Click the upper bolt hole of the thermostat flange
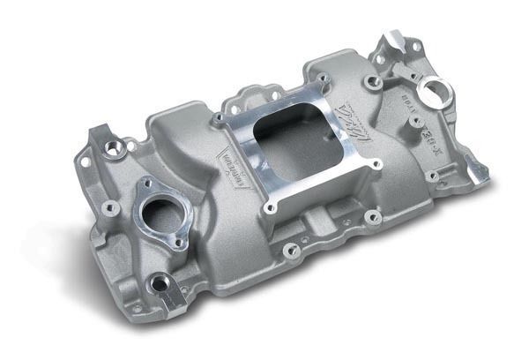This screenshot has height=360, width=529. tap(143, 183)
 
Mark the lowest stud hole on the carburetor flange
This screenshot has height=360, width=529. tap(270, 209)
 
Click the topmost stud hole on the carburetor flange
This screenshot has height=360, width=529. tap(320, 78)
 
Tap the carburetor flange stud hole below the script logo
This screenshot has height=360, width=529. tap(376, 163)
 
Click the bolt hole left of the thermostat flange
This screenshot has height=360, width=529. tap(110, 208)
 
